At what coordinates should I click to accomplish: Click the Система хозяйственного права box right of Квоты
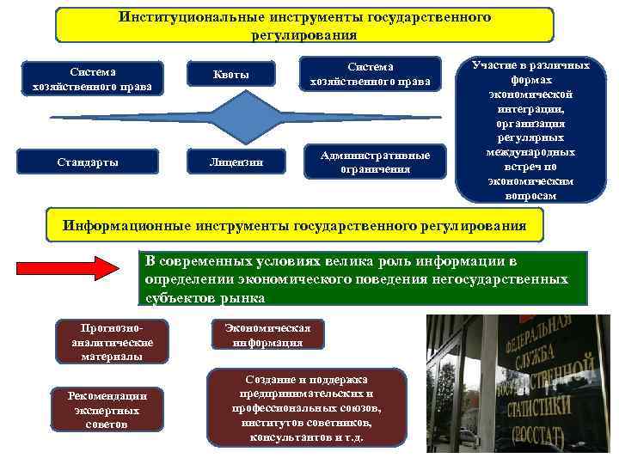tap(371, 74)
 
